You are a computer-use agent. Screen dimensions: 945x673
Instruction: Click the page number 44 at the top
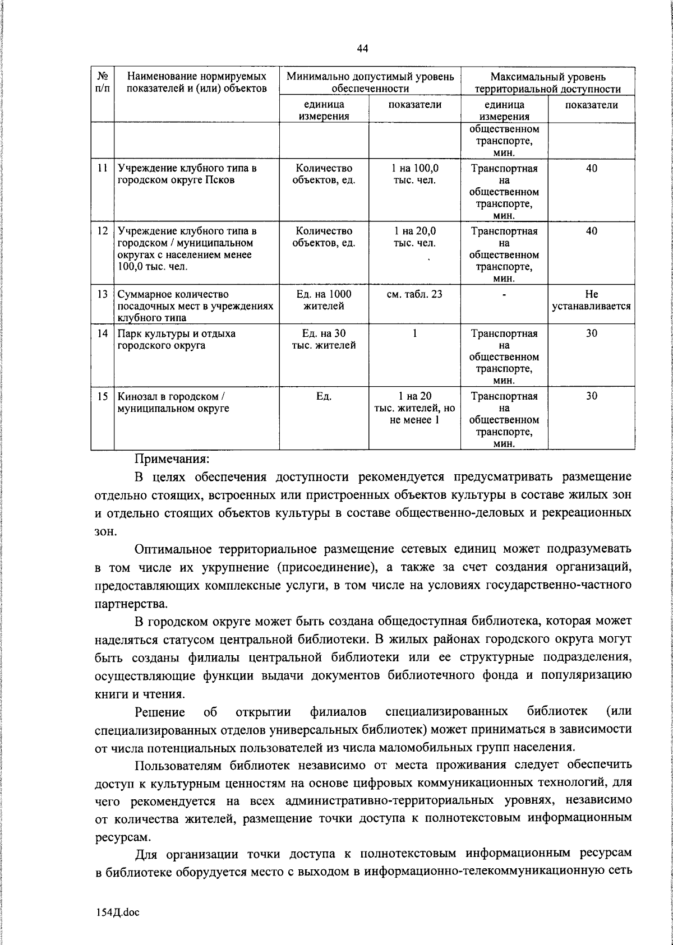362,49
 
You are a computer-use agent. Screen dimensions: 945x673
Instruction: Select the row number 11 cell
103,168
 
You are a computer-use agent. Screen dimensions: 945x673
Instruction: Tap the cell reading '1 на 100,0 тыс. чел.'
414,174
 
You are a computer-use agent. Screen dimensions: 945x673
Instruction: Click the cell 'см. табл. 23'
414,294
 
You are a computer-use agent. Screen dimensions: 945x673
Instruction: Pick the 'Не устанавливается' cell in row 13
592,300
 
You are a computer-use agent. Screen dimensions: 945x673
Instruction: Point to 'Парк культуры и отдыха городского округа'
176,339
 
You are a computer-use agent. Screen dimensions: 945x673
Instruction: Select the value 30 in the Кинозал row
592,396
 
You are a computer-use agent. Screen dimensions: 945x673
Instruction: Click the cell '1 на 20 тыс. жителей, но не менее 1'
414,407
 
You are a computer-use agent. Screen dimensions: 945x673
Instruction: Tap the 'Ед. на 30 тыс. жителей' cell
324,339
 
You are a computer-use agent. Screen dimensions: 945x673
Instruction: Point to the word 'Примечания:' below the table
172,458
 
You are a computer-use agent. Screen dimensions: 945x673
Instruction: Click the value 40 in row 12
592,231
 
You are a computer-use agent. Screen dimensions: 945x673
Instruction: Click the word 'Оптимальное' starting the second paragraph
177,548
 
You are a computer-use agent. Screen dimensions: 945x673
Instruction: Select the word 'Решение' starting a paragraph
160,712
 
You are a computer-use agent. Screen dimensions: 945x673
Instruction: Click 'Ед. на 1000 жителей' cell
324,300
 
